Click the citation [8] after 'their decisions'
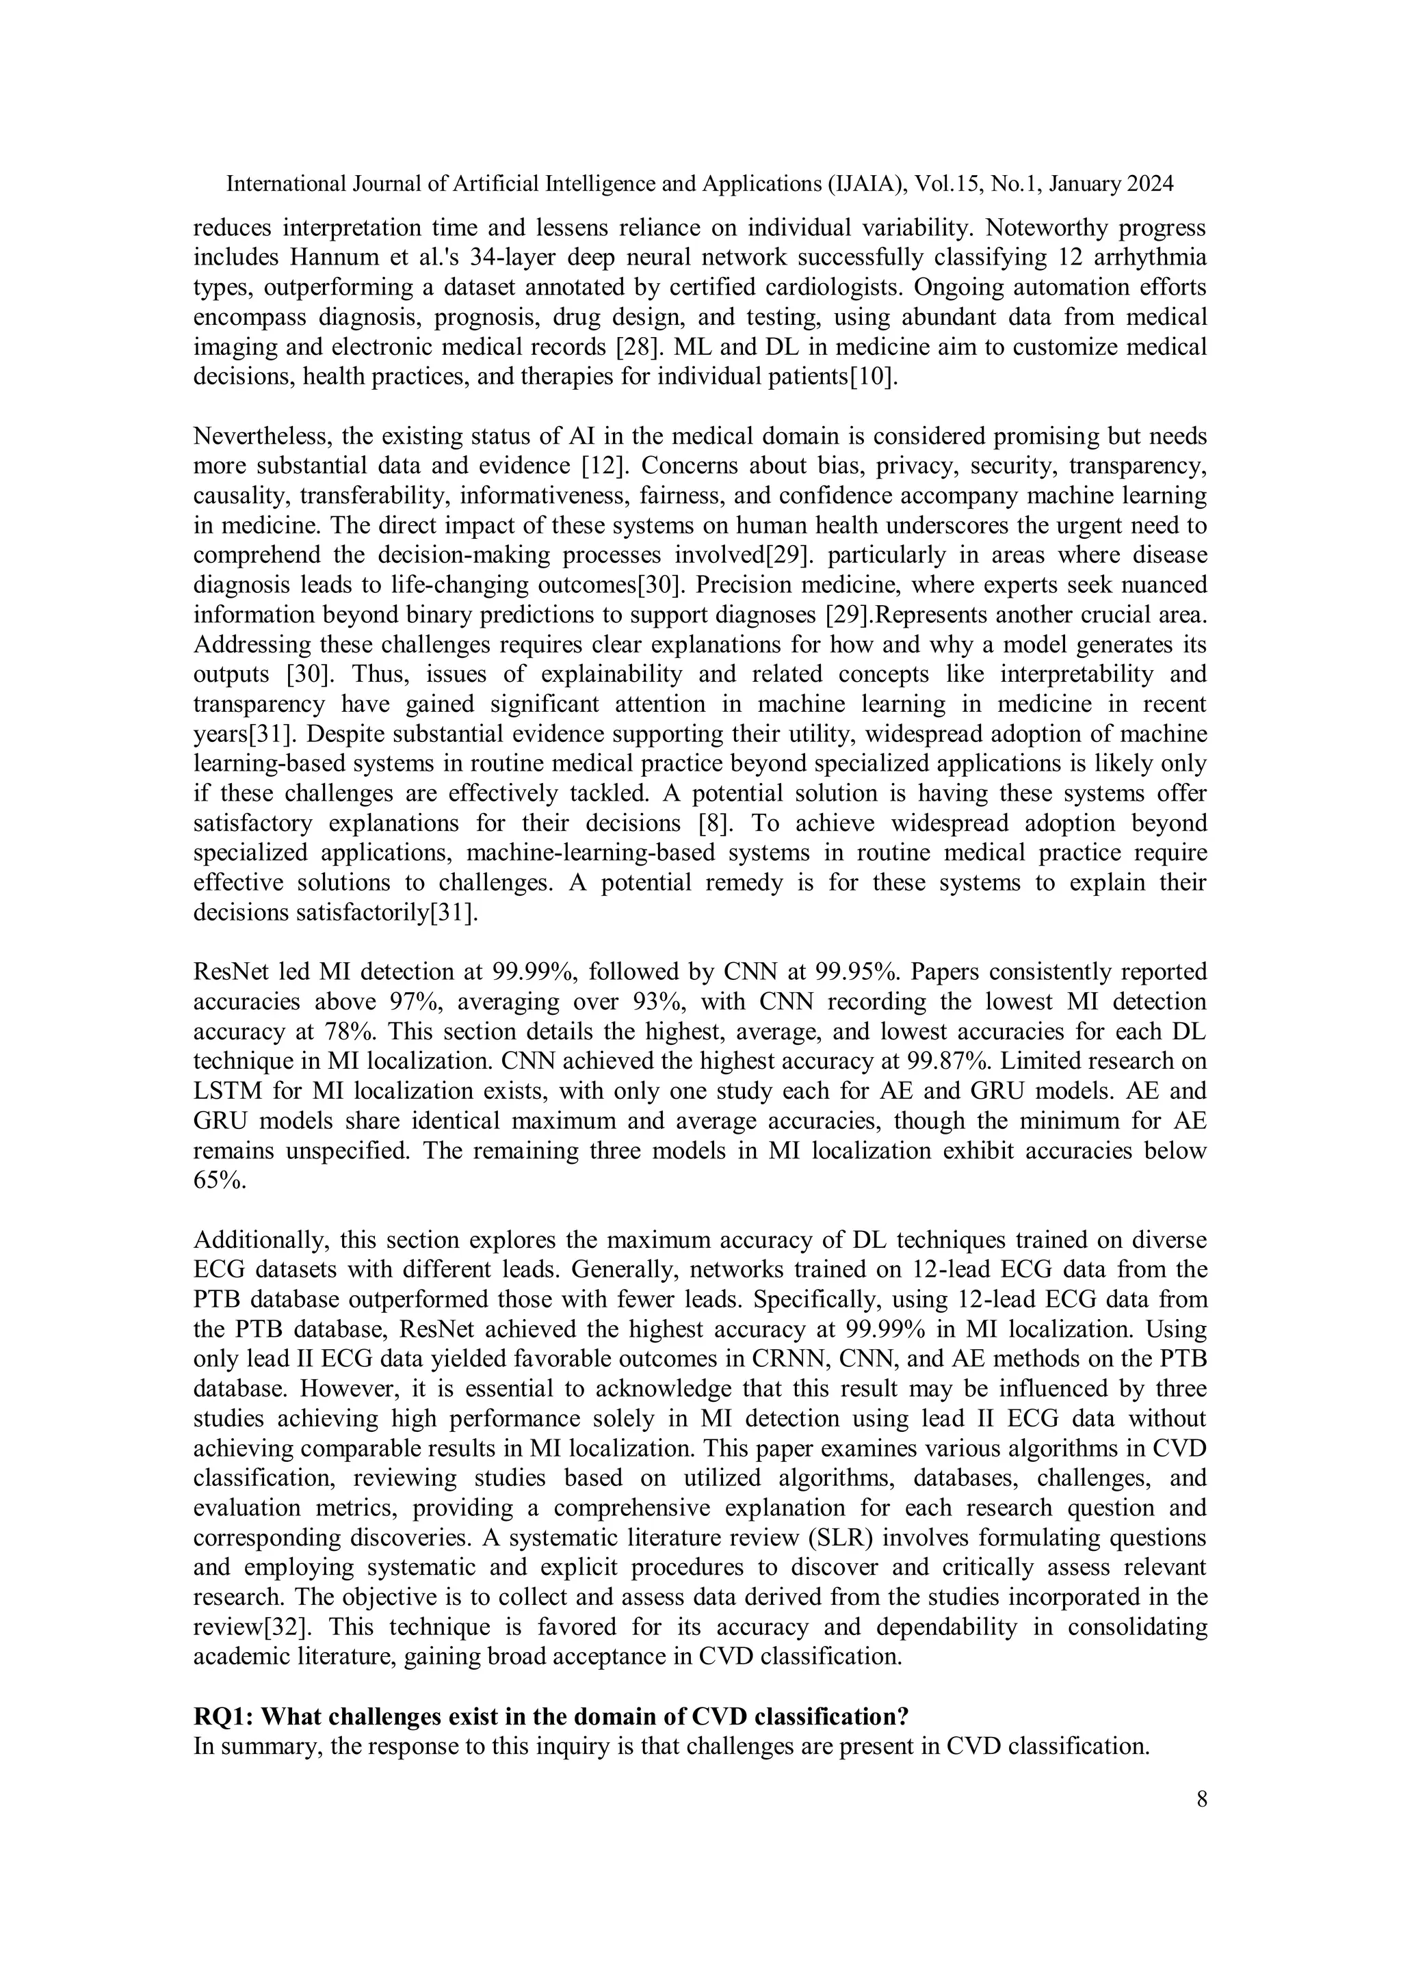pos(716,823)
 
